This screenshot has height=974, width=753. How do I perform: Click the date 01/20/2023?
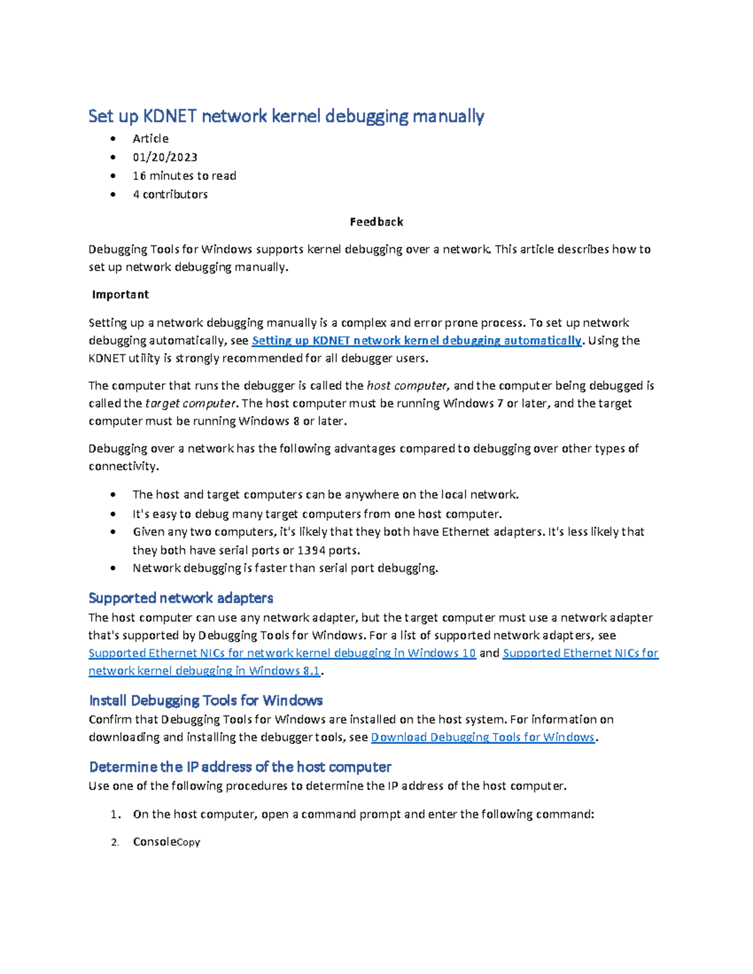165,157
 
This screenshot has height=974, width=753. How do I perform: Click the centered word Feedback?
376,222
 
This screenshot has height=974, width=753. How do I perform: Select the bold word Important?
120,295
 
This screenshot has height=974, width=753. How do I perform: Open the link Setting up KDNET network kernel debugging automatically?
416,341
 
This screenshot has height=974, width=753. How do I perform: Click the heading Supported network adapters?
181,598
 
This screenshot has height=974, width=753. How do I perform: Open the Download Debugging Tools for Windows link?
483,738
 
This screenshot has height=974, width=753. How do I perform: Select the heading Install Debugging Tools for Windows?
206,701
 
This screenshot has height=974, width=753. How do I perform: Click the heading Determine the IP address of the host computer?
240,767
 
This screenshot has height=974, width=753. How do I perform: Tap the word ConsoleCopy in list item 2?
166,842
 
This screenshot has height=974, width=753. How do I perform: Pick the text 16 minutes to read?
184,176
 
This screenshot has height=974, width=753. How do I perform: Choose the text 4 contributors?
170,194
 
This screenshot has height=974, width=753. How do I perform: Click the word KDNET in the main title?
170,116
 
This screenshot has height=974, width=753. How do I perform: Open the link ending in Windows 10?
282,654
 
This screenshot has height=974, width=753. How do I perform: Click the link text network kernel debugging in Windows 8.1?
205,671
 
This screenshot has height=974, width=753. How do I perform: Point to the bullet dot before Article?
113,139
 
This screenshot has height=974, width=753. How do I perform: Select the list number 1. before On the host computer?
115,815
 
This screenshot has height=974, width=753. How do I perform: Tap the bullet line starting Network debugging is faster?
285,568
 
